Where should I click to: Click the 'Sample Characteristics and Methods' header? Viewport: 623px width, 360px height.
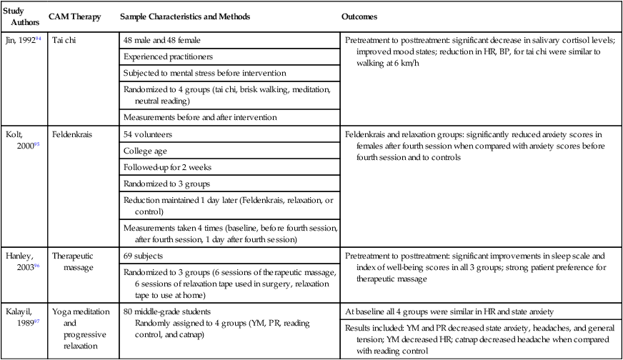pyautogui.click(x=185, y=16)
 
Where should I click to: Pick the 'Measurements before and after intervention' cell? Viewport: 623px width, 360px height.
pyautogui.click(x=200, y=116)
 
